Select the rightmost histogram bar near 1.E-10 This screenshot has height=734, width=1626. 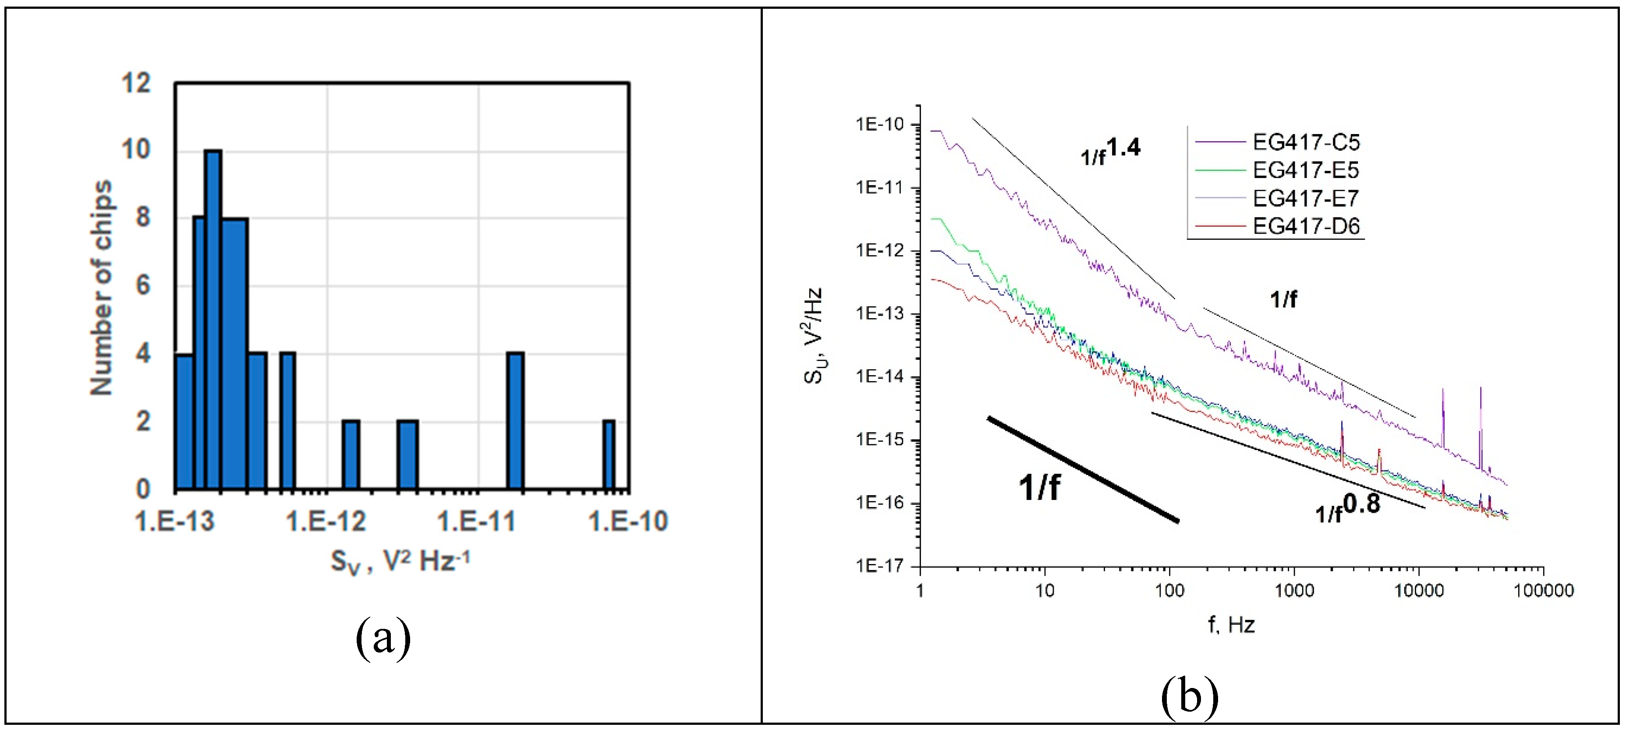609,454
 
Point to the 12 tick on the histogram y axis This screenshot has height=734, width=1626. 136,83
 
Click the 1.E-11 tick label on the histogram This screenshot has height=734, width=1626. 477,521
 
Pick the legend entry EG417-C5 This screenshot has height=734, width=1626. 1305,142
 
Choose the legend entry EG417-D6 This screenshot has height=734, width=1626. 1305,226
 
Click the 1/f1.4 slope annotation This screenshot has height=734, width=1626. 1110,151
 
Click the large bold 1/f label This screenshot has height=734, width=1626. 1039,487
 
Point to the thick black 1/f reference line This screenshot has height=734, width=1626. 1083,470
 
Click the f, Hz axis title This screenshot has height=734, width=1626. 1231,625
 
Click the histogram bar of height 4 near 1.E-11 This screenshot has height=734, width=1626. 516,420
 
